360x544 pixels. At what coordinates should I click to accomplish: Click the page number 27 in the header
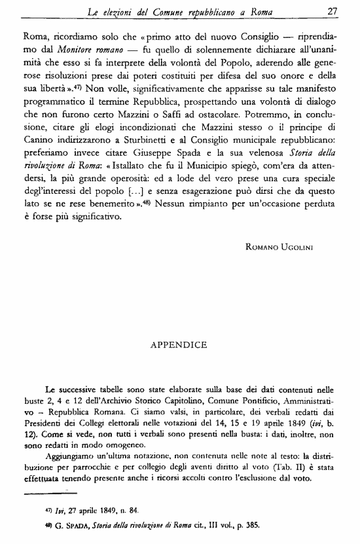pyautogui.click(x=332, y=11)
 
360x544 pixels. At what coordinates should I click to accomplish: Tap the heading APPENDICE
pyautogui.click(x=179, y=344)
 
